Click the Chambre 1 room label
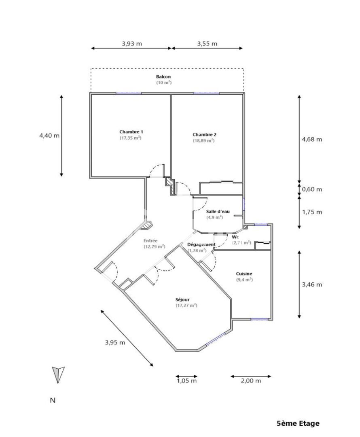click(131, 132)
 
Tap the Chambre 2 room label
click(205, 135)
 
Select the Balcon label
click(163, 76)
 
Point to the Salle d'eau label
click(218, 212)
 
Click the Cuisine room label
click(244, 274)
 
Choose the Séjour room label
click(182, 299)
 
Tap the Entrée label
click(150, 240)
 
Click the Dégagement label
click(201, 245)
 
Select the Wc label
click(235, 237)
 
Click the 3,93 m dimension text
click(132, 44)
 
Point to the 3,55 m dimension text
click(208, 44)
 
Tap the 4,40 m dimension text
click(49, 136)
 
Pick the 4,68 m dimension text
click(312, 139)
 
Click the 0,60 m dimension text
click(312, 189)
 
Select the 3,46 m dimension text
click(312, 284)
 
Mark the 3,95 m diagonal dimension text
click(115, 343)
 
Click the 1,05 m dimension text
click(187, 381)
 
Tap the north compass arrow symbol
click(58, 375)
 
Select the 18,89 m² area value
click(204, 141)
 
